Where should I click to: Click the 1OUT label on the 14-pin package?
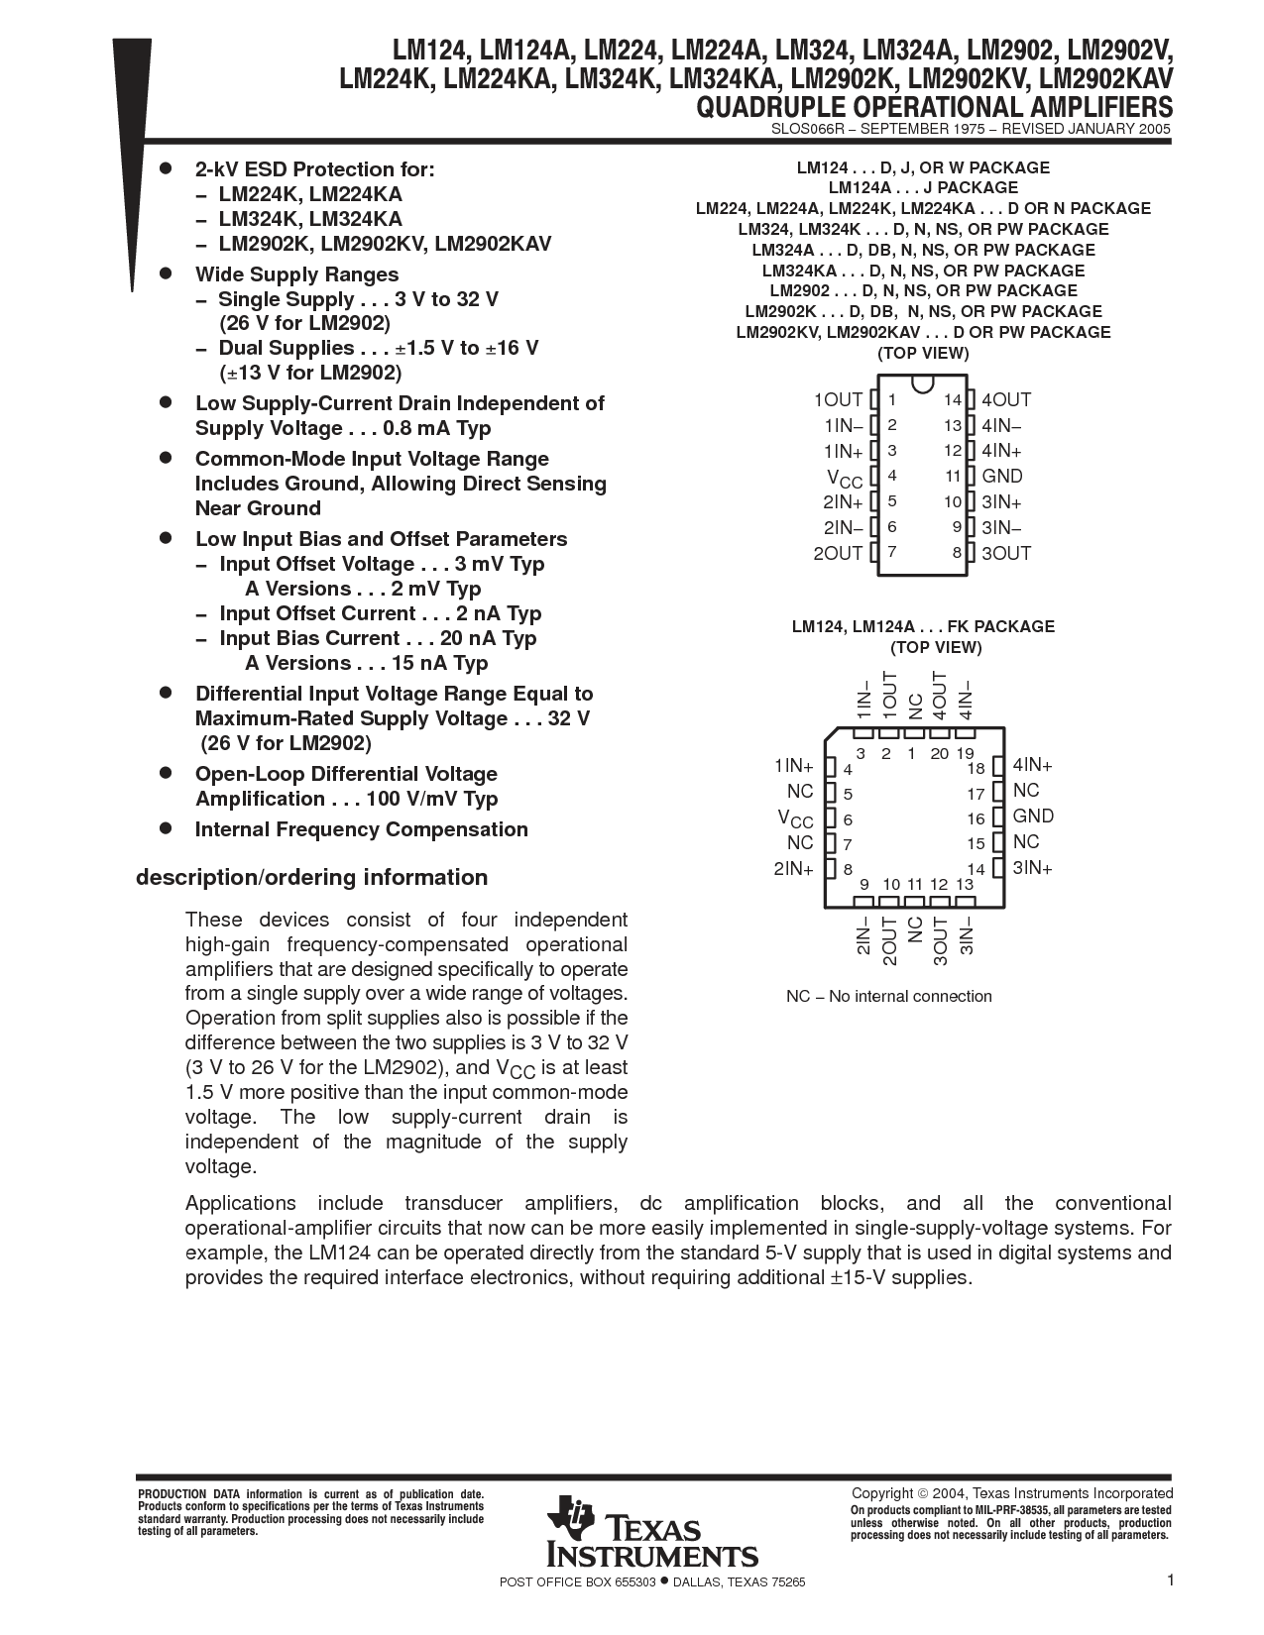click(838, 400)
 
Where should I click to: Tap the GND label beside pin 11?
click(1001, 477)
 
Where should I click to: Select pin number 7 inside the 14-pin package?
click(892, 552)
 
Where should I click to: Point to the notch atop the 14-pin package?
click(922, 383)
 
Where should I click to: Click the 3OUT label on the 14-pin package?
click(1005, 554)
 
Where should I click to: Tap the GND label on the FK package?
click(1033, 817)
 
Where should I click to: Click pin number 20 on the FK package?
click(940, 754)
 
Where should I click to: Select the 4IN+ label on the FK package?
click(1032, 765)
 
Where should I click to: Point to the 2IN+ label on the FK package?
click(794, 869)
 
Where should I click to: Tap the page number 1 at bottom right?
click(1170, 1580)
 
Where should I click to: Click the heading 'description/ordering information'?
click(311, 878)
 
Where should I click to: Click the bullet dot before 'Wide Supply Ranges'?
click(167, 273)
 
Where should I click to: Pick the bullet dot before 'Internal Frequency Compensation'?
click(167, 828)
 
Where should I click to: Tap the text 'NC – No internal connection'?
click(888, 997)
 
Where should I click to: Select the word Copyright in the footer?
click(882, 1493)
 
